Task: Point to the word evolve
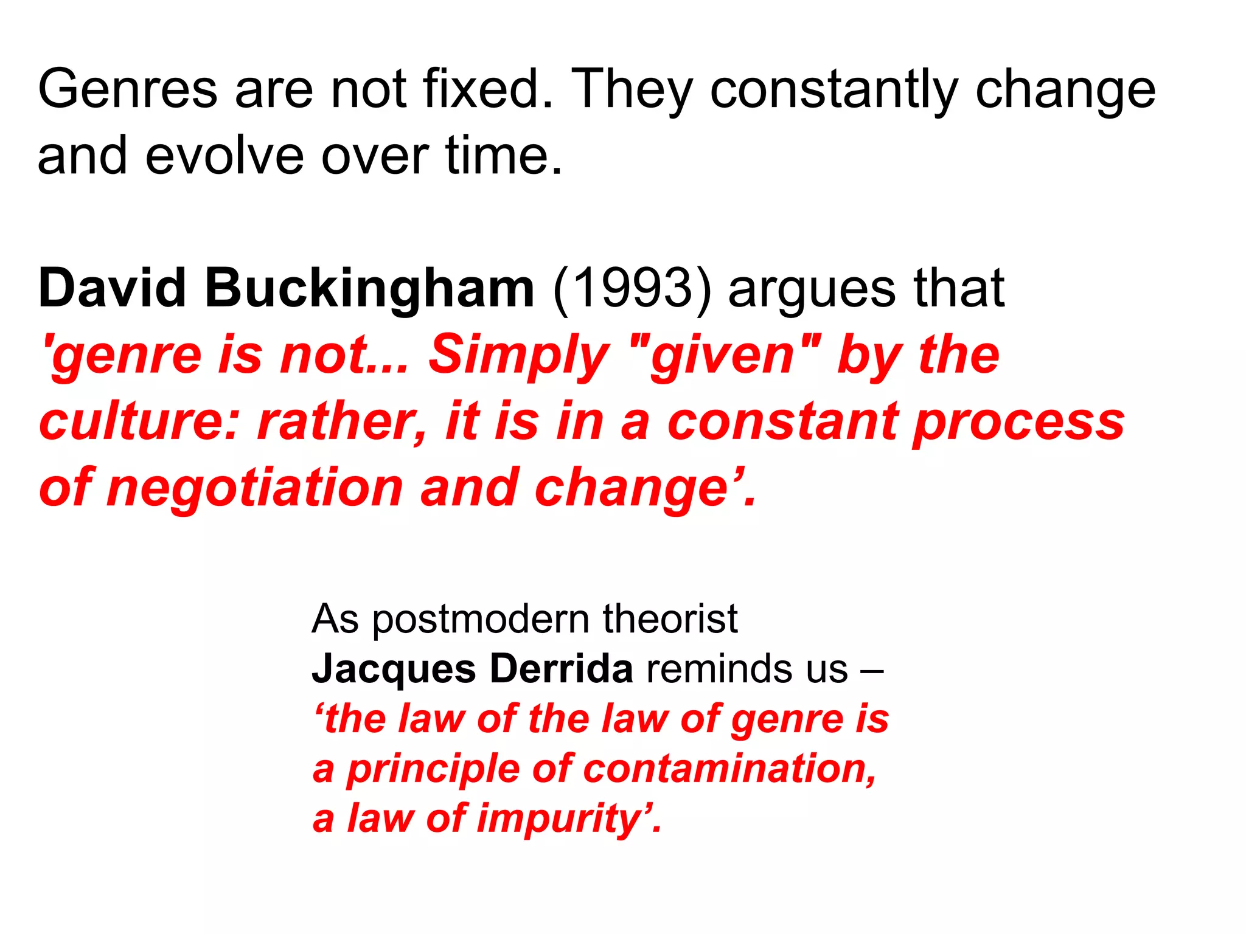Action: tap(224, 156)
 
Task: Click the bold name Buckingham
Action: tap(369, 288)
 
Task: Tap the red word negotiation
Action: tap(255, 489)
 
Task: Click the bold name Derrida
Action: tap(561, 669)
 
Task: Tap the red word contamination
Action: tap(729, 769)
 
